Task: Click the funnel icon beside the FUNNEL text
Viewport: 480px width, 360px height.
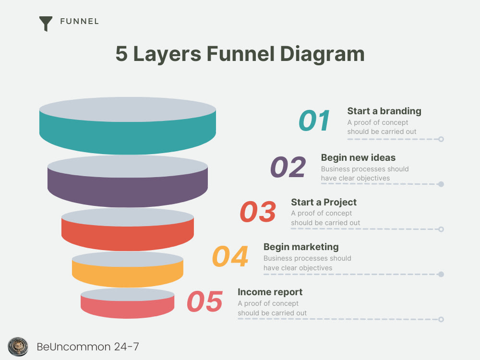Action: tap(46, 24)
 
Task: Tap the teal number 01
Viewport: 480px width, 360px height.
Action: tap(314, 120)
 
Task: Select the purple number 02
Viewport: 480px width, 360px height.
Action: tap(288, 167)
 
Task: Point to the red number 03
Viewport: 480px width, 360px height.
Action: tap(258, 212)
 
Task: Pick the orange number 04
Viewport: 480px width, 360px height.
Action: tap(230, 256)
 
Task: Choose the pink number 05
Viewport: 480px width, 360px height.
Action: tap(205, 301)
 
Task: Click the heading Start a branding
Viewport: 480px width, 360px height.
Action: tap(384, 111)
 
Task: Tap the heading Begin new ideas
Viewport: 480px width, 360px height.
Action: tap(358, 157)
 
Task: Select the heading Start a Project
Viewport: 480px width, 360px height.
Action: tap(324, 202)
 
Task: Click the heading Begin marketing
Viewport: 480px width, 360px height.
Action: tap(301, 247)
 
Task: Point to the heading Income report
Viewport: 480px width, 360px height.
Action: tap(270, 292)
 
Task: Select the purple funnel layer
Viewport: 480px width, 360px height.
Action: tap(128, 192)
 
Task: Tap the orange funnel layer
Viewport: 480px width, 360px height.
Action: tap(128, 276)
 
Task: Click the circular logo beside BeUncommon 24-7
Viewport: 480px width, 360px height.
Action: tap(18, 347)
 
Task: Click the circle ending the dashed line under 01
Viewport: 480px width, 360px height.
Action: tap(441, 139)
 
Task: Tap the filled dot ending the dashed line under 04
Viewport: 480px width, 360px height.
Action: tap(441, 274)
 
